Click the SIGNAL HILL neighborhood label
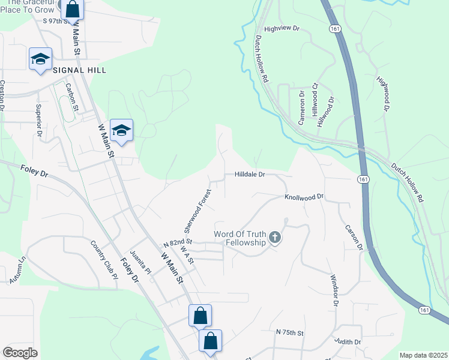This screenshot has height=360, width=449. pos(79,70)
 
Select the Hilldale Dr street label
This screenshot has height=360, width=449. pos(246,175)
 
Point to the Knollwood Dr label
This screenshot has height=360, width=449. pos(304,196)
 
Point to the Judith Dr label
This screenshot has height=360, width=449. pos(349,342)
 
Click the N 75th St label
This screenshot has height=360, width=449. pos(291,332)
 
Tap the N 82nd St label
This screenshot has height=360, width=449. pos(177,243)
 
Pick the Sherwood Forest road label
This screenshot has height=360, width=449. pos(197,211)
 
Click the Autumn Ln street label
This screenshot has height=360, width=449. pos(18,271)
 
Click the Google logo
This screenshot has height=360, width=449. pos(20,353)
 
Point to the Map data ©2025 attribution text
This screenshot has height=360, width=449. pos(423,355)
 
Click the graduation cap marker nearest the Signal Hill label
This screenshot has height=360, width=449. pos(40,59)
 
